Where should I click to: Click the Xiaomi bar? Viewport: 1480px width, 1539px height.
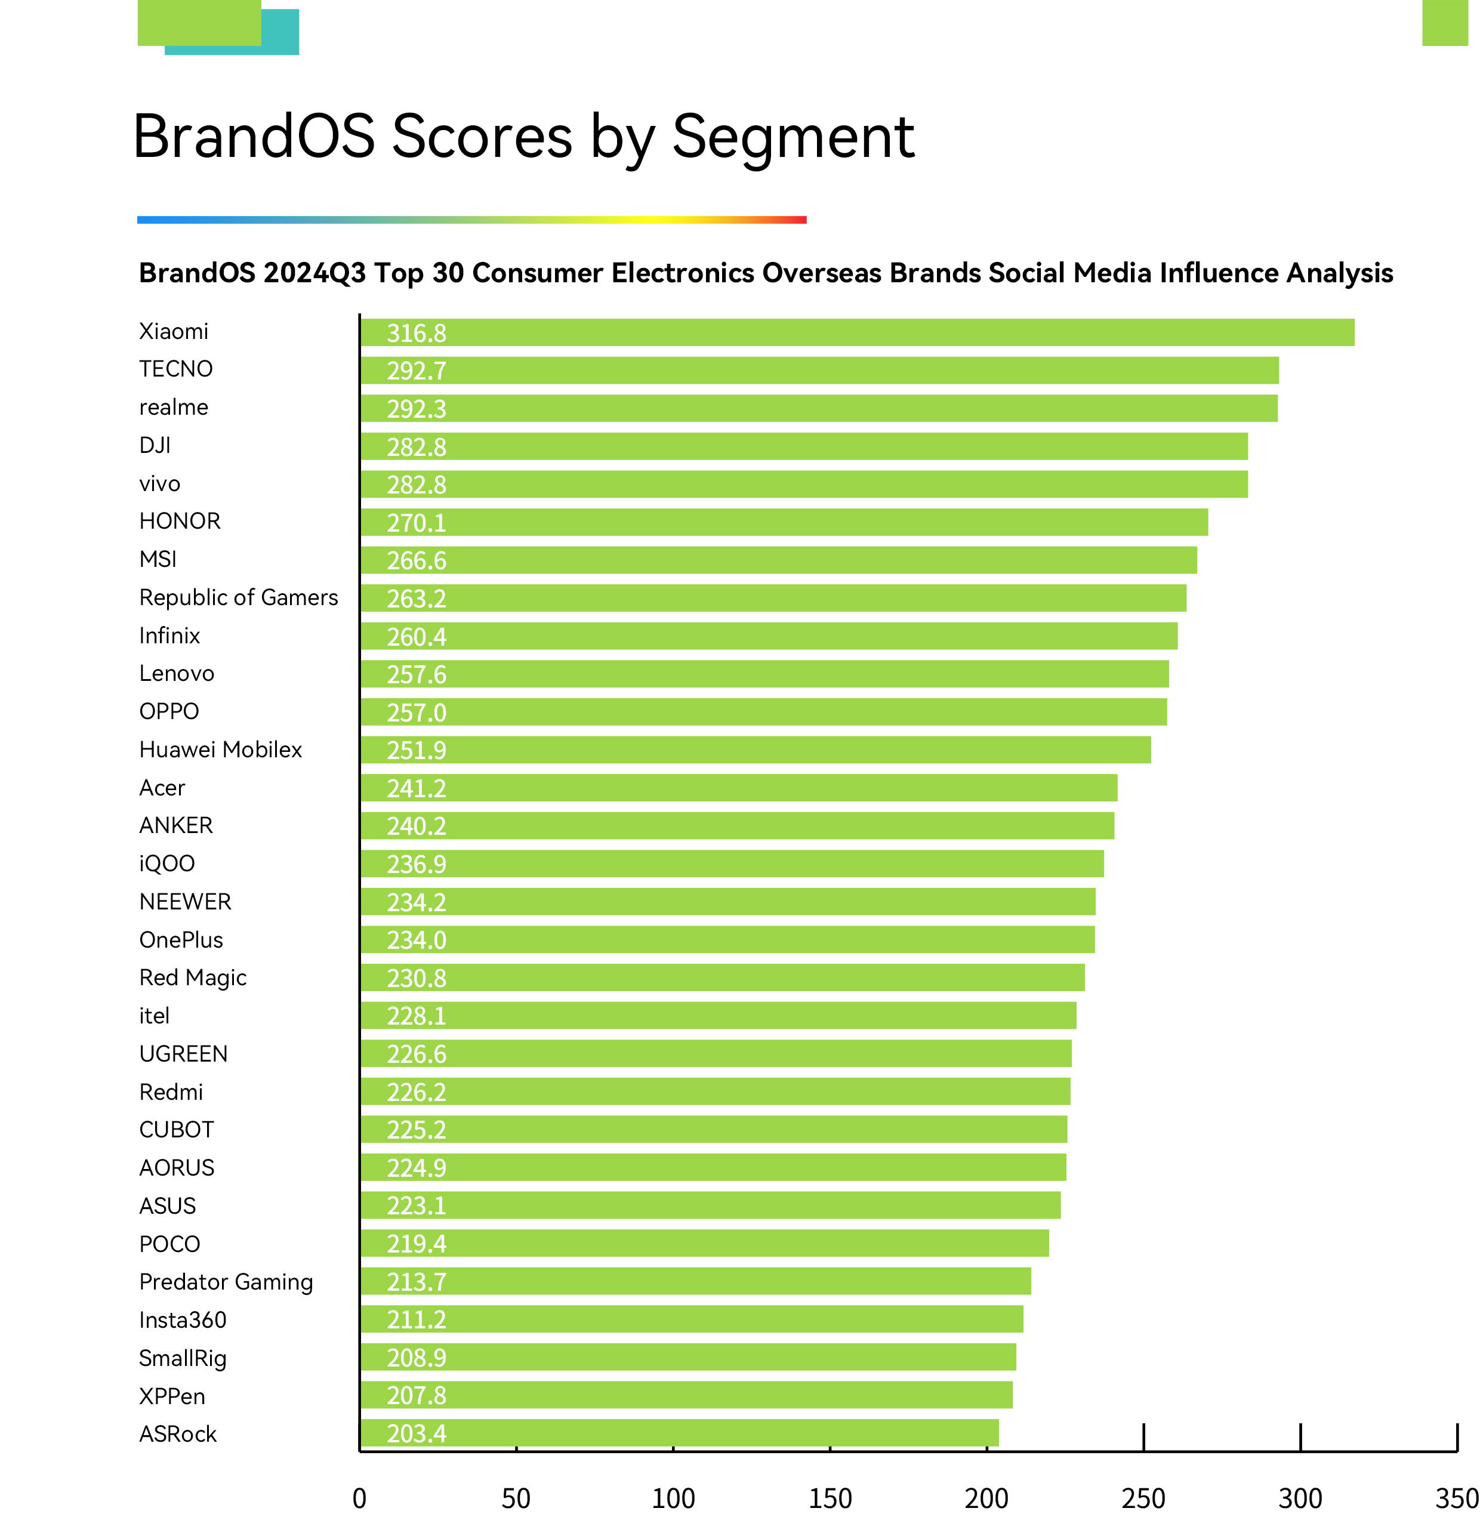tap(856, 332)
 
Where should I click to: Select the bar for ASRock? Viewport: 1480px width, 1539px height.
tap(679, 1433)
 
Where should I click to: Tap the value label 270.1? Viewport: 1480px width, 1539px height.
tap(416, 523)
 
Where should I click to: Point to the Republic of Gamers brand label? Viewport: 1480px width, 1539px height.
tap(238, 597)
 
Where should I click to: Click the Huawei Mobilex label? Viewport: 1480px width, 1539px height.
tap(220, 750)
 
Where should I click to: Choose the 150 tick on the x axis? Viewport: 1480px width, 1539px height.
tap(830, 1499)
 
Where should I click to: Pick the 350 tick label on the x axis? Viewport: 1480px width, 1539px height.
tap(1457, 1499)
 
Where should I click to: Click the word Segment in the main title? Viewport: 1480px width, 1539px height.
tap(793, 137)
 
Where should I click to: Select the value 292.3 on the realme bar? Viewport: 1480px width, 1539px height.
tap(416, 409)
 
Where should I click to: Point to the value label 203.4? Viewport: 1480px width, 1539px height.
tap(416, 1434)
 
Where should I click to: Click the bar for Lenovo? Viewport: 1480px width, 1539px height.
tap(764, 674)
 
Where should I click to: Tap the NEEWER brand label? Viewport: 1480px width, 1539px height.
tap(184, 902)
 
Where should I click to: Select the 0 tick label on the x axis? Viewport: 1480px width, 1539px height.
tap(360, 1499)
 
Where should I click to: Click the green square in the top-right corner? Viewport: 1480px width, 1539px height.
tap(1445, 23)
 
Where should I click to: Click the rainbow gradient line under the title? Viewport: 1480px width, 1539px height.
tap(471, 220)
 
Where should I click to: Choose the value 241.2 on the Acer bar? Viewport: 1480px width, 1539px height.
tap(416, 788)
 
